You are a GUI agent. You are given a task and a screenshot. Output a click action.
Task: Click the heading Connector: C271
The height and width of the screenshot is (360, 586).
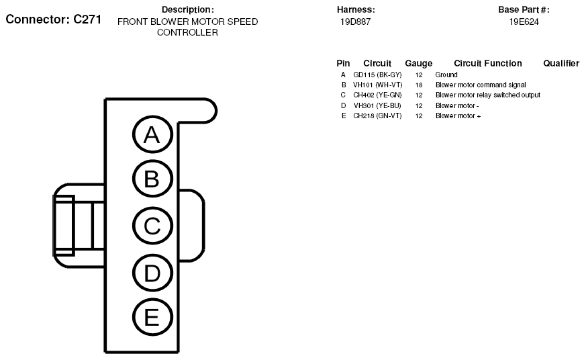pos(54,19)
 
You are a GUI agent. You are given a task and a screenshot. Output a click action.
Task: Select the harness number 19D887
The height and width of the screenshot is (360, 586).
pos(355,21)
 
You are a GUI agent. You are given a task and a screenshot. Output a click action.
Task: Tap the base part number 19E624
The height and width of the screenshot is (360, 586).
pos(524,21)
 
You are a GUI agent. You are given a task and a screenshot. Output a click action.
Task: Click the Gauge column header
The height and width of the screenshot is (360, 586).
pos(419,63)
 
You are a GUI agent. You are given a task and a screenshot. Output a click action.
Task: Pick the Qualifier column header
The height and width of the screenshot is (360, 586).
pos(561,63)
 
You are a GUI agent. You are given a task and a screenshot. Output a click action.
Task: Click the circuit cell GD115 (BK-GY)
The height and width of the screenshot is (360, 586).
pos(377,75)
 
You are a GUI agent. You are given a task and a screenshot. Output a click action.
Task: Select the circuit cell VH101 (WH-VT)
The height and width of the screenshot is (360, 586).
pos(378,85)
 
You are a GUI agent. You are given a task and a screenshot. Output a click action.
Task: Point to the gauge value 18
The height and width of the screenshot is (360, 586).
pos(419,85)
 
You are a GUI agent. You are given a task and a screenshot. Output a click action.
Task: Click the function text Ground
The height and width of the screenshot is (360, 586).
pos(446,75)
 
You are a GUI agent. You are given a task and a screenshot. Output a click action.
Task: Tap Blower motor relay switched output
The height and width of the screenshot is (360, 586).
pos(488,95)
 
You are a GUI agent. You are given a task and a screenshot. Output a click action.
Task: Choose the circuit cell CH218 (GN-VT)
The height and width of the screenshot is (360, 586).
pos(377,116)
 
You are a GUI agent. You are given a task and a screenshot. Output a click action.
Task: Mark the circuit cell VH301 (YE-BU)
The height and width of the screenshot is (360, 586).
pos(377,106)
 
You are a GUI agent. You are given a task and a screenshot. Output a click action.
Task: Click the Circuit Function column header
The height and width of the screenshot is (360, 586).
pos(488,63)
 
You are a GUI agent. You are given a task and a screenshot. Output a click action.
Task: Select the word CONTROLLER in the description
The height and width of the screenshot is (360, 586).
pos(187,32)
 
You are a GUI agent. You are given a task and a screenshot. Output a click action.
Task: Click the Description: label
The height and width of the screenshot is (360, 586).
pos(187,9)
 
